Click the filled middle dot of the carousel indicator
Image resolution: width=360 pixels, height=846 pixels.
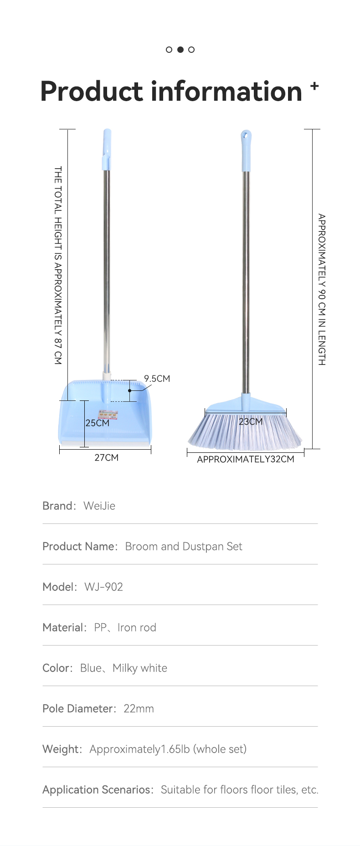180,50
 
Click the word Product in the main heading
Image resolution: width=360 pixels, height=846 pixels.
92,91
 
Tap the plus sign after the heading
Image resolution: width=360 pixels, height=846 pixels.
314,85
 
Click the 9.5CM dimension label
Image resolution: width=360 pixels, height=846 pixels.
157,379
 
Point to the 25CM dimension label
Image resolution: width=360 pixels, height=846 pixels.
98,423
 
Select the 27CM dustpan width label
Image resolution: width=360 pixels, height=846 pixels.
106,457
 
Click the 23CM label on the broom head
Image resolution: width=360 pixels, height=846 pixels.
251,421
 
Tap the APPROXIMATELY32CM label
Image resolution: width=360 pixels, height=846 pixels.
246,459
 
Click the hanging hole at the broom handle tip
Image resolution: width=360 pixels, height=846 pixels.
246,135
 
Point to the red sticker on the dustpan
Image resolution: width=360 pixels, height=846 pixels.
108,414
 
